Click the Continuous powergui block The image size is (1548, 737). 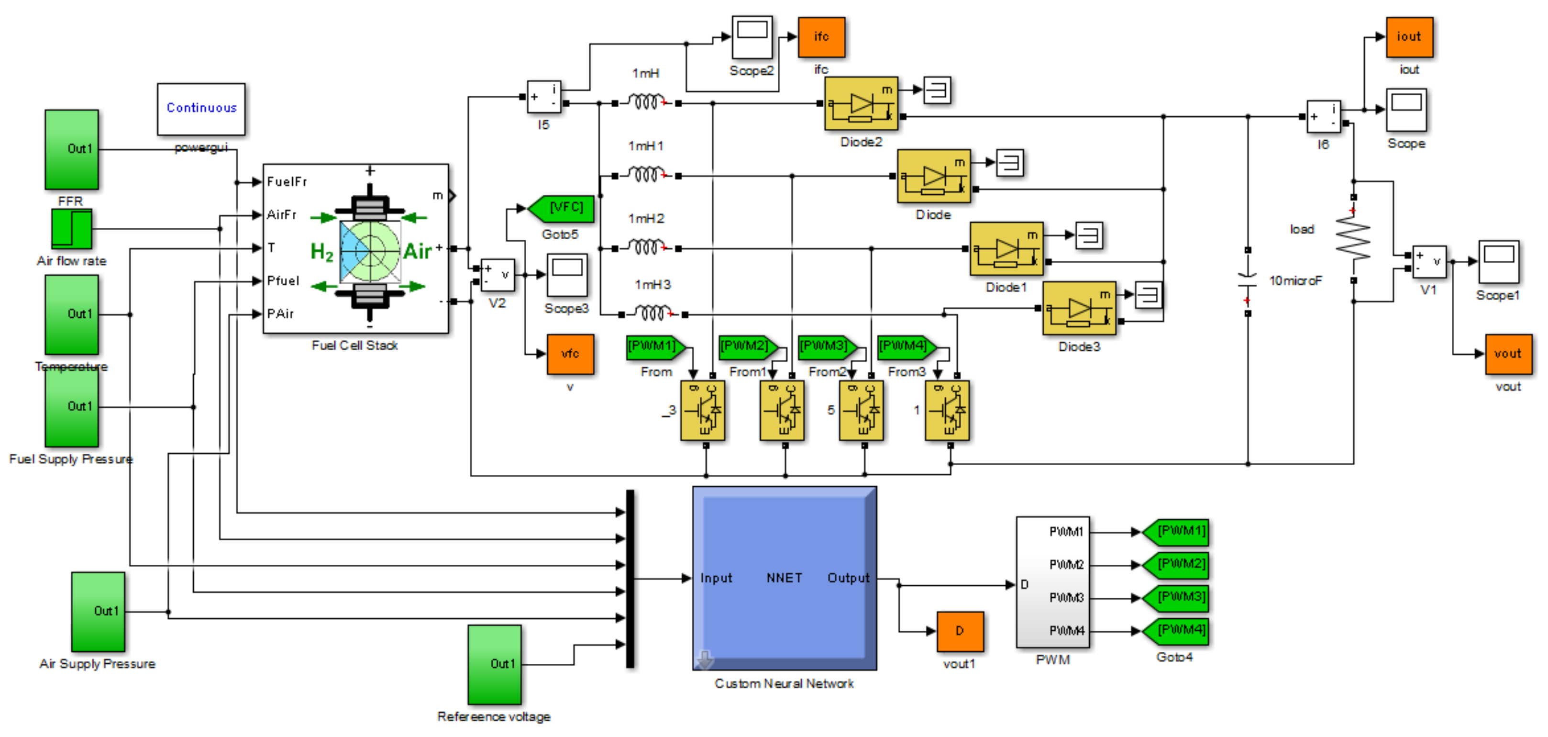[201, 109]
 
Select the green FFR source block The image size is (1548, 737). [71, 149]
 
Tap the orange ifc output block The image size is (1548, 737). [821, 37]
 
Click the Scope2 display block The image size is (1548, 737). [752, 37]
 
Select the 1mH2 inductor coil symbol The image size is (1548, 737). [646, 246]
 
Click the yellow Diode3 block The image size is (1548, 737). [1079, 308]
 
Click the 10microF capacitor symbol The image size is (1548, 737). [1248, 280]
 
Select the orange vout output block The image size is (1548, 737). [1508, 354]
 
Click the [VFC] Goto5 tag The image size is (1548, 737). [561, 208]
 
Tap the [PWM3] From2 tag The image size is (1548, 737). [826, 347]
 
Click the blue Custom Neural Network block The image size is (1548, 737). [784, 578]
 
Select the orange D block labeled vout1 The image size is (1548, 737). [960, 631]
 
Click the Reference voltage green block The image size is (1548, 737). [494, 664]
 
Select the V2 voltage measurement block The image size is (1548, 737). [498, 275]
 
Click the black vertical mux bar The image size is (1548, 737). [630, 578]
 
